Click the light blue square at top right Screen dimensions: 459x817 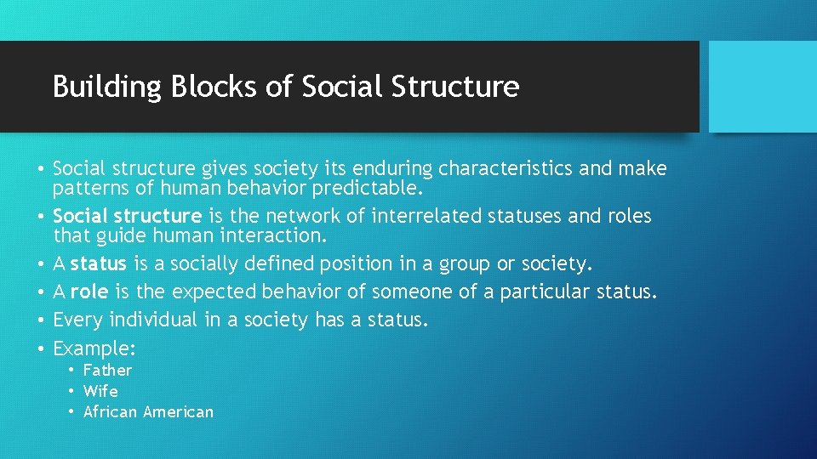[763, 87]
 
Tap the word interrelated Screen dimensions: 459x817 [431, 217]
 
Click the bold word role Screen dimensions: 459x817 [89, 292]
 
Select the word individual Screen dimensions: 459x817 [145, 320]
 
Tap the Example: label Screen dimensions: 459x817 [94, 348]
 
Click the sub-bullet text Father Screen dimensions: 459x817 [107, 371]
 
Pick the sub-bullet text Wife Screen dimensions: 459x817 [100, 392]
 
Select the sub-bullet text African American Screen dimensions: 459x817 [148, 412]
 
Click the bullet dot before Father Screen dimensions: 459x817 [73, 371]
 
